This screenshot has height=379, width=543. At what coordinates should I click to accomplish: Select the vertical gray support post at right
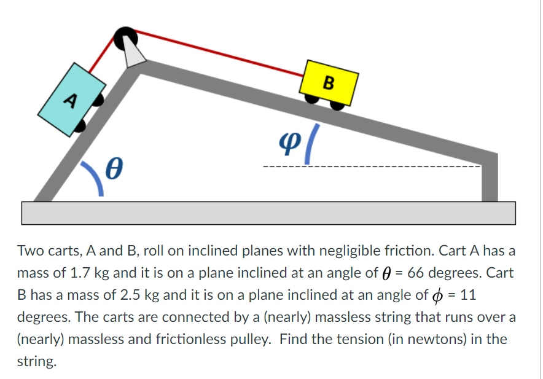coord(489,179)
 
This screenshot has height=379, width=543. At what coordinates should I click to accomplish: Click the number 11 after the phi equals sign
coord(468,295)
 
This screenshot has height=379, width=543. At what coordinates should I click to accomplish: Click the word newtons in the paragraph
coord(455,339)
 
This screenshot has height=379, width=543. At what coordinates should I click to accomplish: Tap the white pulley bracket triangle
coord(134,53)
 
